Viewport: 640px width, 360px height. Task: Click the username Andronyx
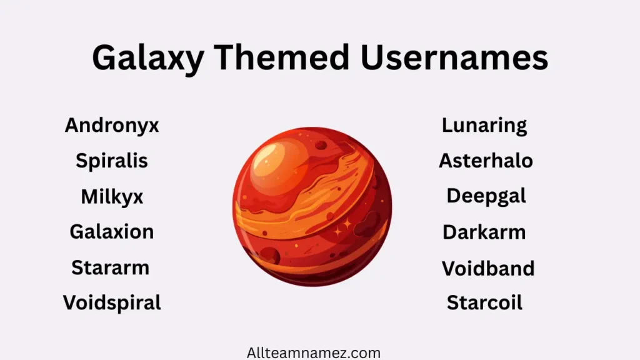coord(112,126)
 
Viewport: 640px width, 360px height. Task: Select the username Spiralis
coord(112,161)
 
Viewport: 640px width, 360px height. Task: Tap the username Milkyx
coord(112,197)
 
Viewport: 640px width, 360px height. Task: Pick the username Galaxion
coord(112,232)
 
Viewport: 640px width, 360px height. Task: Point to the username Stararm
coord(111,267)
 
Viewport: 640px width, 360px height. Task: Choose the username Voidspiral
coord(112,303)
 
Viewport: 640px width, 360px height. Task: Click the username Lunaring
coord(484,126)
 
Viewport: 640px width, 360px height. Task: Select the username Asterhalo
coord(486,161)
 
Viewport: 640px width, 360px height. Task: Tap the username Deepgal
coord(486,196)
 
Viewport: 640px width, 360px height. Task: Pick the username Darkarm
coord(484,232)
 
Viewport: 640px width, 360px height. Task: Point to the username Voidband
coord(488,269)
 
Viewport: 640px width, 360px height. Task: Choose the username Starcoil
coord(484,303)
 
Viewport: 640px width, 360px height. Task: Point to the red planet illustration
coord(312,206)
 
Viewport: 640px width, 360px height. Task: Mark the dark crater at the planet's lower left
coord(270,254)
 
